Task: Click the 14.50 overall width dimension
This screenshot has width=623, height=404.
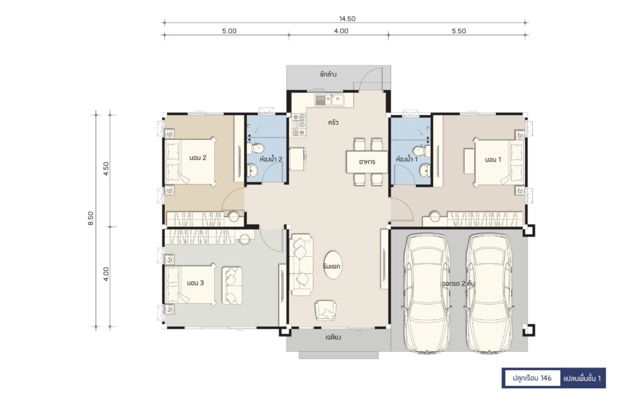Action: [347, 19]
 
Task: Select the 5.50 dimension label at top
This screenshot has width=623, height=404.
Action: [459, 31]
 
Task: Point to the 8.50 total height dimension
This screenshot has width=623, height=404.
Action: [91, 218]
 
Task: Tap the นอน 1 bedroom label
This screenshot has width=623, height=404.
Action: [493, 159]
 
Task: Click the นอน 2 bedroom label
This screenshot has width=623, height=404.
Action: [198, 158]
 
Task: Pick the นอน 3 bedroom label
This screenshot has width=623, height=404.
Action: [195, 283]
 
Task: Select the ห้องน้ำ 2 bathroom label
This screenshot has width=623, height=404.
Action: [271, 159]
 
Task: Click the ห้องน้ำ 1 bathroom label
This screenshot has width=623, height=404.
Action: [406, 159]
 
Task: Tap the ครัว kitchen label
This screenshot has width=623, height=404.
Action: [333, 123]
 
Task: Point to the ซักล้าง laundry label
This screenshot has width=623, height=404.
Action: [328, 74]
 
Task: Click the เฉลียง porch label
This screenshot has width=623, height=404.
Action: [333, 338]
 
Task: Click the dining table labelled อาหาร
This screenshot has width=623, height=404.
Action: [367, 162]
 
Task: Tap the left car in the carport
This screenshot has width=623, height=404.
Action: [427, 293]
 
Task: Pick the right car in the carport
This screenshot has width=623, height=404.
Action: [489, 293]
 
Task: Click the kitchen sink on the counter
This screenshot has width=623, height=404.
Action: [338, 100]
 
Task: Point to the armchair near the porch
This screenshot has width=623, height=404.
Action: [326, 310]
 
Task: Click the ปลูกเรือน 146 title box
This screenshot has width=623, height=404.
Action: [532, 378]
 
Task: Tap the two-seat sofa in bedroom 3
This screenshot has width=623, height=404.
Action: [232, 285]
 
